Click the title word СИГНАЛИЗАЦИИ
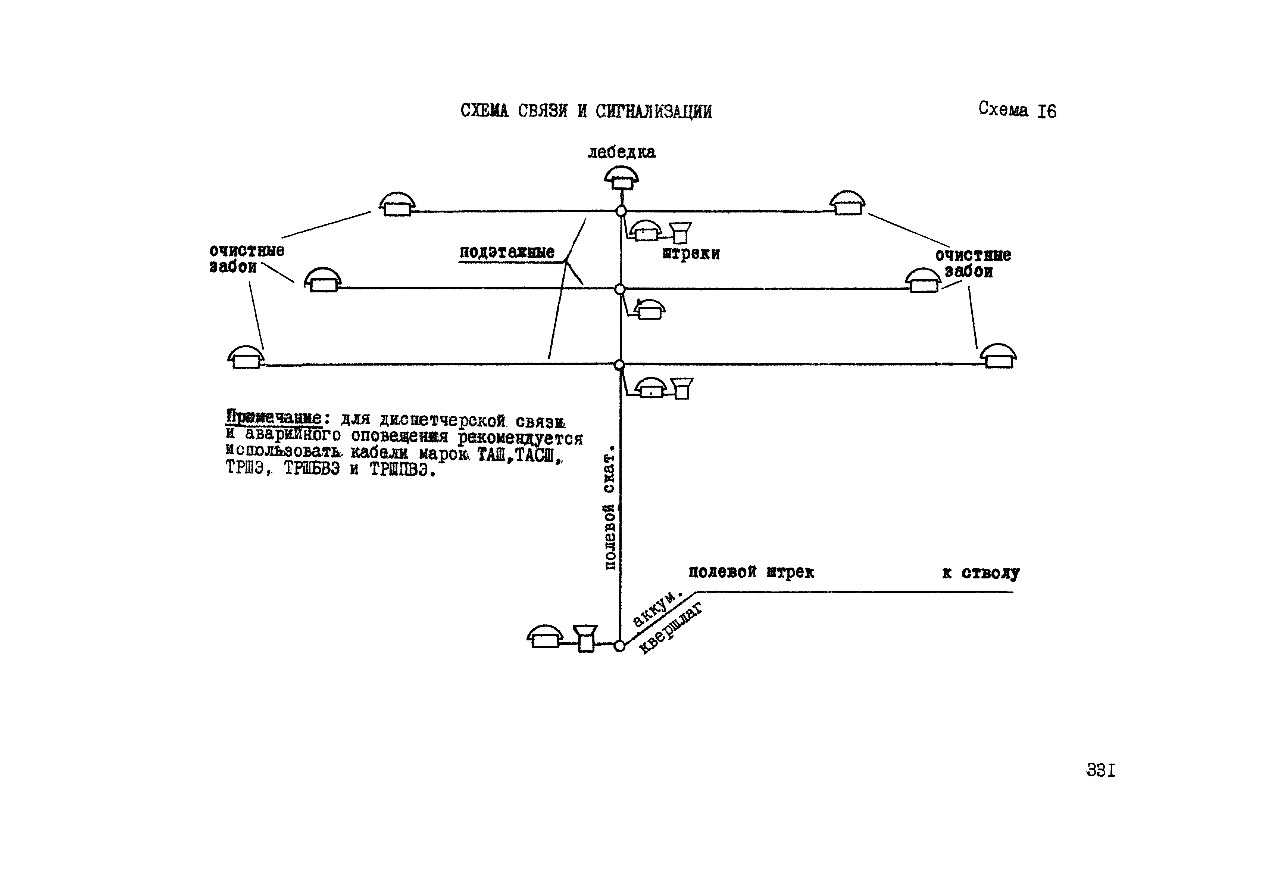pos(653,112)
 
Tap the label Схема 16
pos(1017,110)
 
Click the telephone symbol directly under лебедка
pos(621,178)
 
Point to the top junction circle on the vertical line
pos(621,211)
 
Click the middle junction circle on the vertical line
pos(620,289)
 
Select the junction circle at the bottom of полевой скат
pos(619,646)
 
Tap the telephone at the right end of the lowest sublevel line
pos(999,357)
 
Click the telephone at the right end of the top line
pos(848,204)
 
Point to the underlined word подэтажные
pos(507,252)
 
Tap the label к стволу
pos(980,573)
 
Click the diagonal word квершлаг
pos(671,629)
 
